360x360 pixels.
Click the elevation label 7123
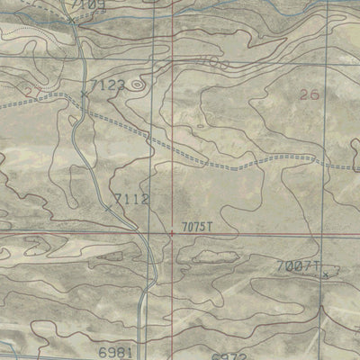click(110, 85)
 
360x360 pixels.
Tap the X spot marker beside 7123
click(85, 94)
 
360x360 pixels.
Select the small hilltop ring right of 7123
click(137, 85)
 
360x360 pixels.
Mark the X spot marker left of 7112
click(109, 208)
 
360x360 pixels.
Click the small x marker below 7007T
click(325, 275)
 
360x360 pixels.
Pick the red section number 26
click(309, 94)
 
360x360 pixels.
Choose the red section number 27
click(33, 91)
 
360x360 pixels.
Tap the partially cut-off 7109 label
click(91, 4)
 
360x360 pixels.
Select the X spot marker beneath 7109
click(71, 18)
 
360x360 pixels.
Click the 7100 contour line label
click(208, 62)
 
